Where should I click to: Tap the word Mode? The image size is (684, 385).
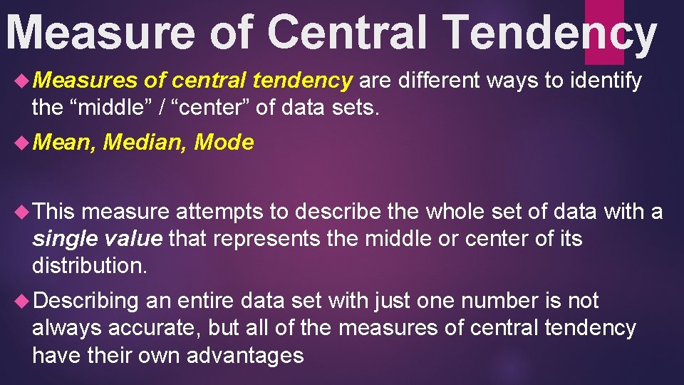point(224,143)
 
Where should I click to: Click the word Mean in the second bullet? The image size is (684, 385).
point(63,143)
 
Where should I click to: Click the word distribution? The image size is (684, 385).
point(89,265)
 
